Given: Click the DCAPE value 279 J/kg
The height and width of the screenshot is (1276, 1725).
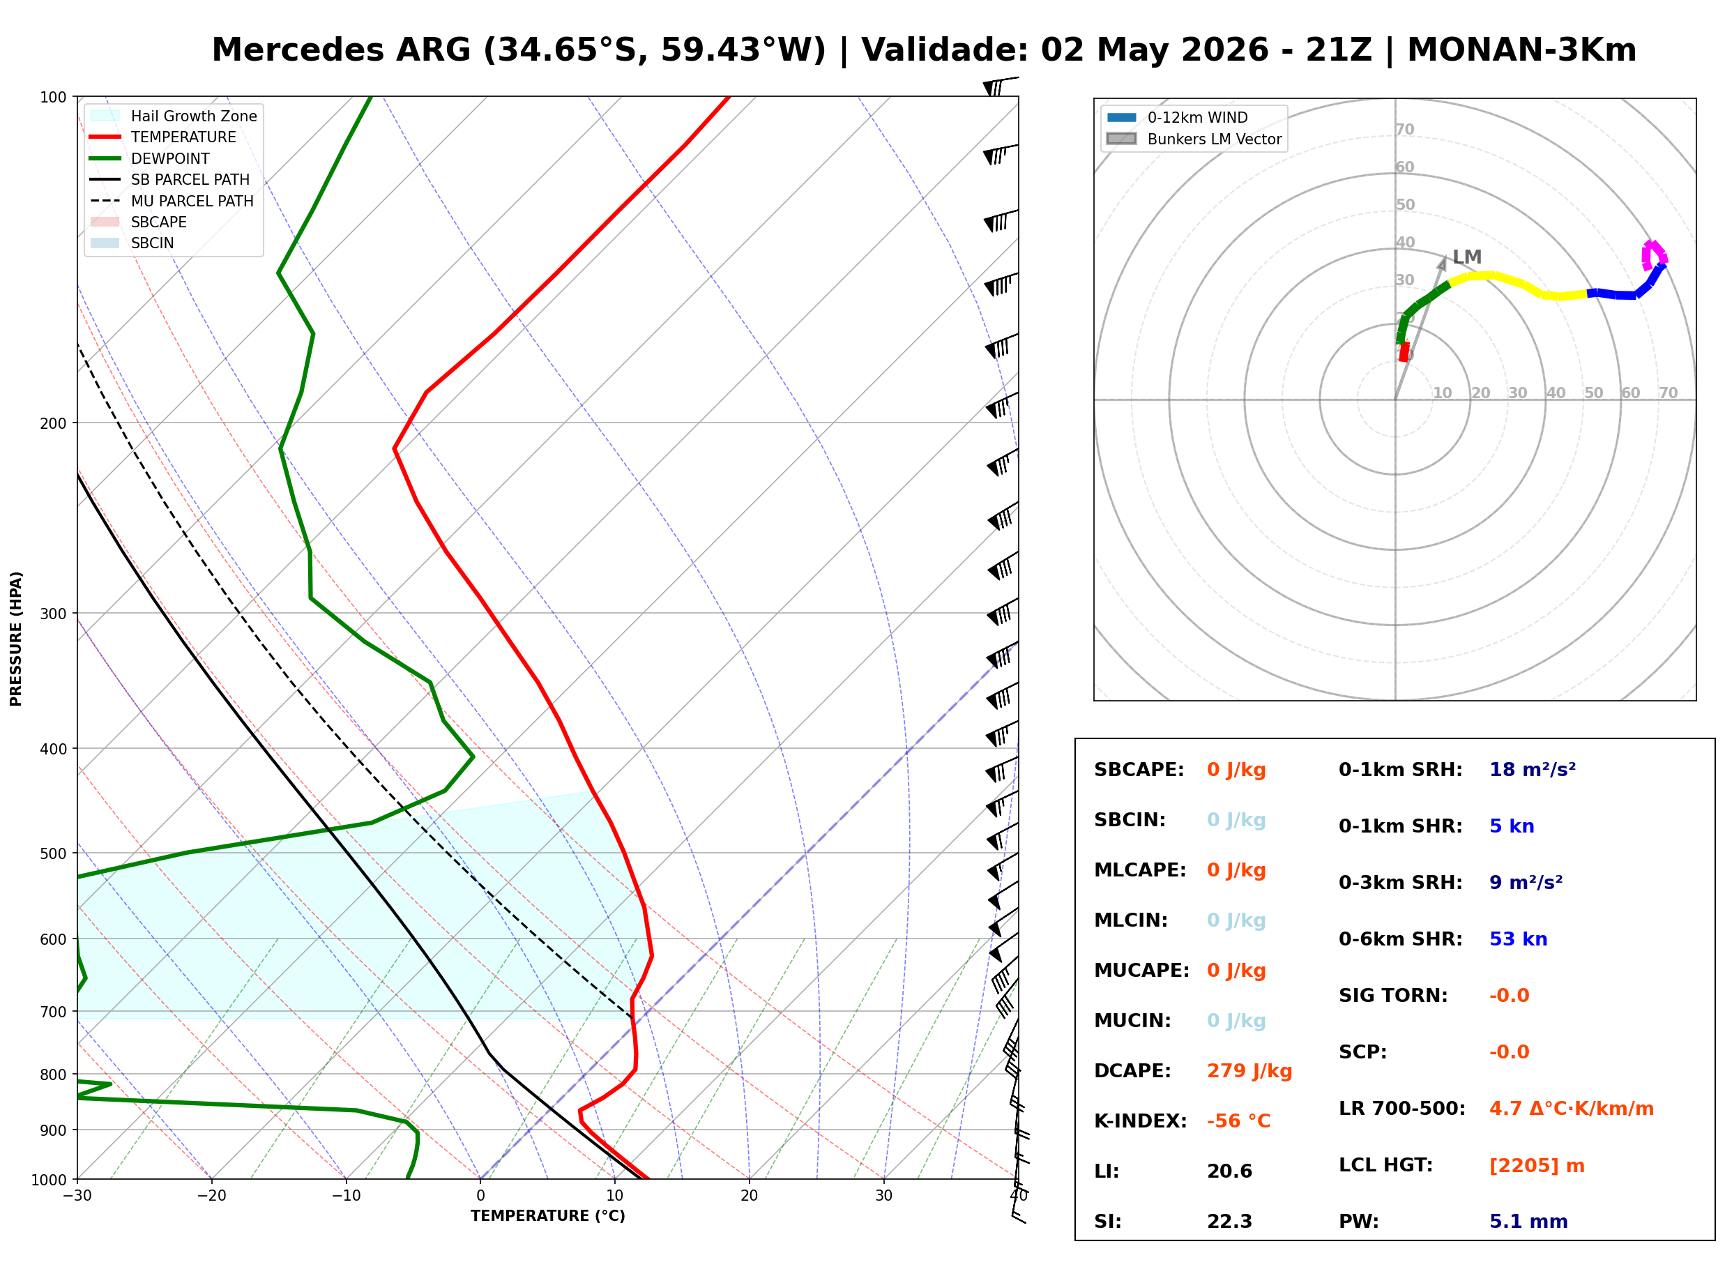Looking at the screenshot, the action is coord(1249,1070).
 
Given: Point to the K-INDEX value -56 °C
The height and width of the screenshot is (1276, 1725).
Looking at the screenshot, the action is coord(1238,1121).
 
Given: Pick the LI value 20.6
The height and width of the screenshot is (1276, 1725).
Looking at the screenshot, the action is coord(1229,1171).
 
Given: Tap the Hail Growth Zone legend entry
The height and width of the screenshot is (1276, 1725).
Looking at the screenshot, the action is coord(173,116).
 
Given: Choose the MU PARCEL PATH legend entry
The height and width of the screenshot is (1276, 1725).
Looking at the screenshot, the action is coord(172,201).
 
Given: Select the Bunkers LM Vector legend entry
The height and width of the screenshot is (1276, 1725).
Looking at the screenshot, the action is coord(1194,139).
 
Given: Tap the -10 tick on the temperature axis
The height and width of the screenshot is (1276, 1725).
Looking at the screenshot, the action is coord(345,1196).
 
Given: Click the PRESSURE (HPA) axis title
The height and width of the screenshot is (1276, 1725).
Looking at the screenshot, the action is coord(16,639).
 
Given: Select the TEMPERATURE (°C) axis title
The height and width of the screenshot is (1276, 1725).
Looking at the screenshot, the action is coord(547,1216).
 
